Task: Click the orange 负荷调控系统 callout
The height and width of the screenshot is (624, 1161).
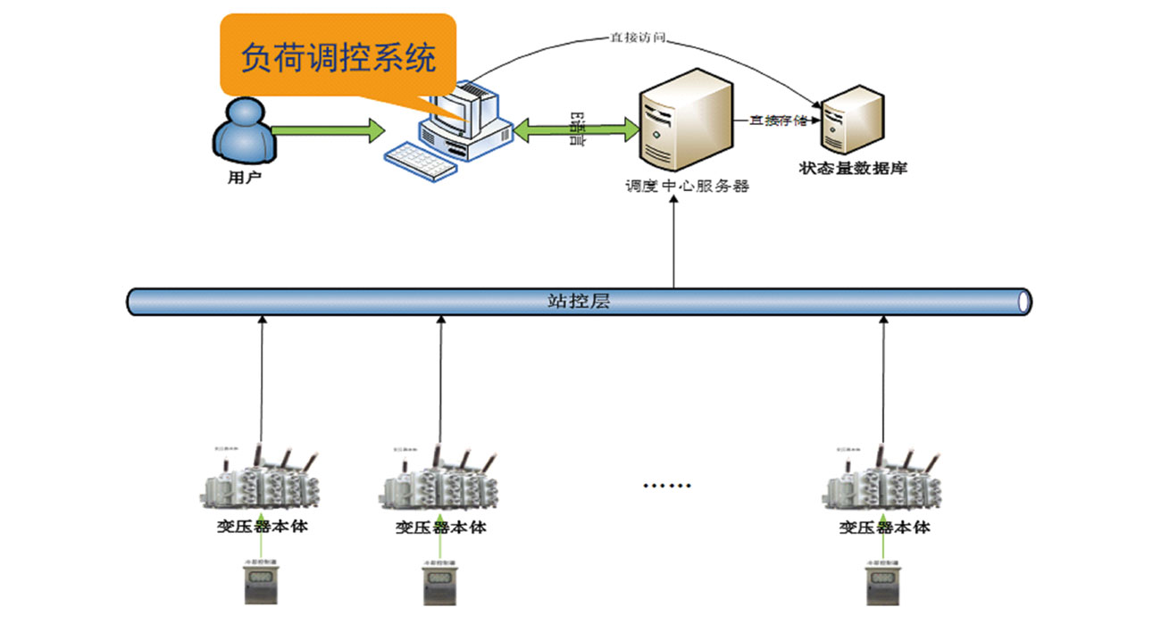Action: (x=338, y=55)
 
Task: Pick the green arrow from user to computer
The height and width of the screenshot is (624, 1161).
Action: (x=327, y=131)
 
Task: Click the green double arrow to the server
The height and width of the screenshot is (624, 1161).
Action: (x=577, y=130)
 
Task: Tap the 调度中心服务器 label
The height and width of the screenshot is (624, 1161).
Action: (x=687, y=187)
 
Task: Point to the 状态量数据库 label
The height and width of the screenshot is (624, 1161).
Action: (x=853, y=167)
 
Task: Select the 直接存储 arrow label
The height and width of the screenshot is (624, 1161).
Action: (x=777, y=120)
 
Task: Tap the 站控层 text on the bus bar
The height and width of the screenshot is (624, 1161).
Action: (x=578, y=301)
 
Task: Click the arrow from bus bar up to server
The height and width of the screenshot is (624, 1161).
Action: (x=674, y=241)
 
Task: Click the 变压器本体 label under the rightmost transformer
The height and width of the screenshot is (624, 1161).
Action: (x=884, y=527)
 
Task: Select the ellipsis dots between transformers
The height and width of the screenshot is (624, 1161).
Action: (x=667, y=486)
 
